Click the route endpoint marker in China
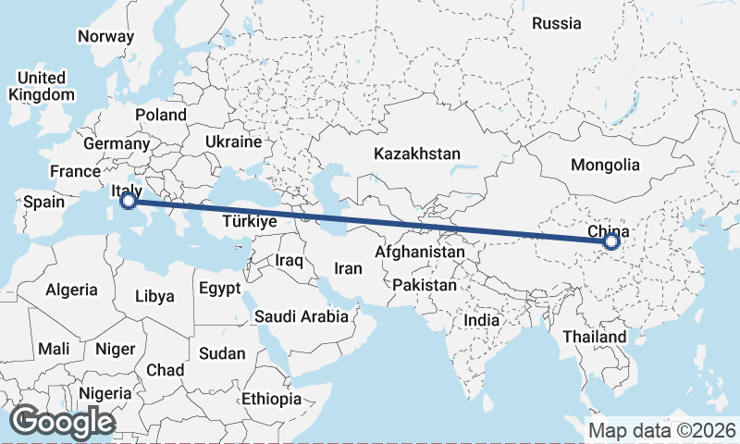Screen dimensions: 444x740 click(x=610, y=241)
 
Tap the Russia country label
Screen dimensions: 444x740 click(x=557, y=23)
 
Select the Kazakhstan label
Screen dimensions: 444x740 click(x=417, y=153)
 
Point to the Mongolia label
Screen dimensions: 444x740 click(x=606, y=165)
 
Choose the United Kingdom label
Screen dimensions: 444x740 click(x=42, y=85)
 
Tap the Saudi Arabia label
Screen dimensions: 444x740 click(x=302, y=316)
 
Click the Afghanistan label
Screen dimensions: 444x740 click(x=420, y=252)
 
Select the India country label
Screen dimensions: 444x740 click(x=481, y=319)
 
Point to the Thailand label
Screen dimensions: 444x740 click(x=594, y=336)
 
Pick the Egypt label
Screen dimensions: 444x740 click(x=218, y=288)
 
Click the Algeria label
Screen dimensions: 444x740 click(x=71, y=290)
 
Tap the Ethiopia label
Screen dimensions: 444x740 click(x=271, y=399)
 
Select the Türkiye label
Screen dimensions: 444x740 click(x=251, y=222)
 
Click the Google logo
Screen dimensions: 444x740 click(x=63, y=422)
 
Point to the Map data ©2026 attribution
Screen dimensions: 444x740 click(x=662, y=430)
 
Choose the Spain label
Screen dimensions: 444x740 click(x=43, y=202)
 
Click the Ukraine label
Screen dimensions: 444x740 click(x=233, y=142)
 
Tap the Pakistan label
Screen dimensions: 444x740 click(x=425, y=285)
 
